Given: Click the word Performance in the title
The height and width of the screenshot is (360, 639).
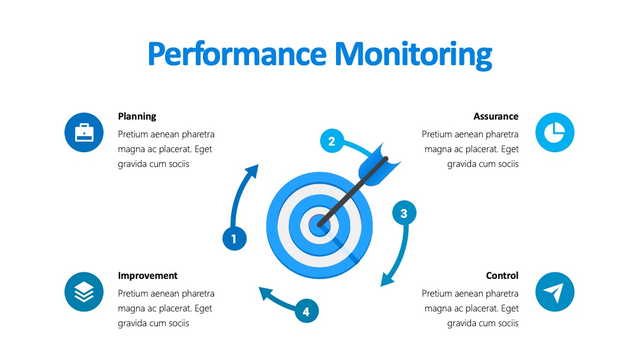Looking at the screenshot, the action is click(237, 54).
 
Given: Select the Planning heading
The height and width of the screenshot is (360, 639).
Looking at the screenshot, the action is click(137, 117).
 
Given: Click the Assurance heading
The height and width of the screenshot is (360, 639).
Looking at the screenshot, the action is click(496, 117).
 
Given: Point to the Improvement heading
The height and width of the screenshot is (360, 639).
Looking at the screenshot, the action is click(147, 276).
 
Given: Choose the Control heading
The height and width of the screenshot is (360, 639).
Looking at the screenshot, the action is click(502, 275).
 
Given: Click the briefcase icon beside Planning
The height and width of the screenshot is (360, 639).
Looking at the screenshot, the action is click(84, 133).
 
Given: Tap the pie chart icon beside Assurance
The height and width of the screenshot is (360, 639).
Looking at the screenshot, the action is click(554, 133).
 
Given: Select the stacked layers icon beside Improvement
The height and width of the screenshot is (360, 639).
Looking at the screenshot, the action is click(84, 292).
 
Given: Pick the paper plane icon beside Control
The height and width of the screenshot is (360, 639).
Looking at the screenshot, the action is click(554, 292).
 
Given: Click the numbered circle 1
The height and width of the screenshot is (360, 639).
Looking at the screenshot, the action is click(234, 239).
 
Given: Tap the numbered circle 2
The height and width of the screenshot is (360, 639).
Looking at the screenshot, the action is click(332, 141).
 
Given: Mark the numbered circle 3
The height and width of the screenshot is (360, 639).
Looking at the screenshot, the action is click(404, 213).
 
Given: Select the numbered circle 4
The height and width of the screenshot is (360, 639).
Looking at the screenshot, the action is click(306, 311).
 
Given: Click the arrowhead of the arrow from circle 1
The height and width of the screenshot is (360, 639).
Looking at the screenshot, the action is click(252, 171).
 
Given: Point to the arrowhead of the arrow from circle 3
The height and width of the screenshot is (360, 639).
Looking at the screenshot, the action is click(386, 279).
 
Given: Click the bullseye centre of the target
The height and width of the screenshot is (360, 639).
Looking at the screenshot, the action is click(319, 224).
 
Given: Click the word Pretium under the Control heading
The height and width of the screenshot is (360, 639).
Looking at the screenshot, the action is click(435, 294).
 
